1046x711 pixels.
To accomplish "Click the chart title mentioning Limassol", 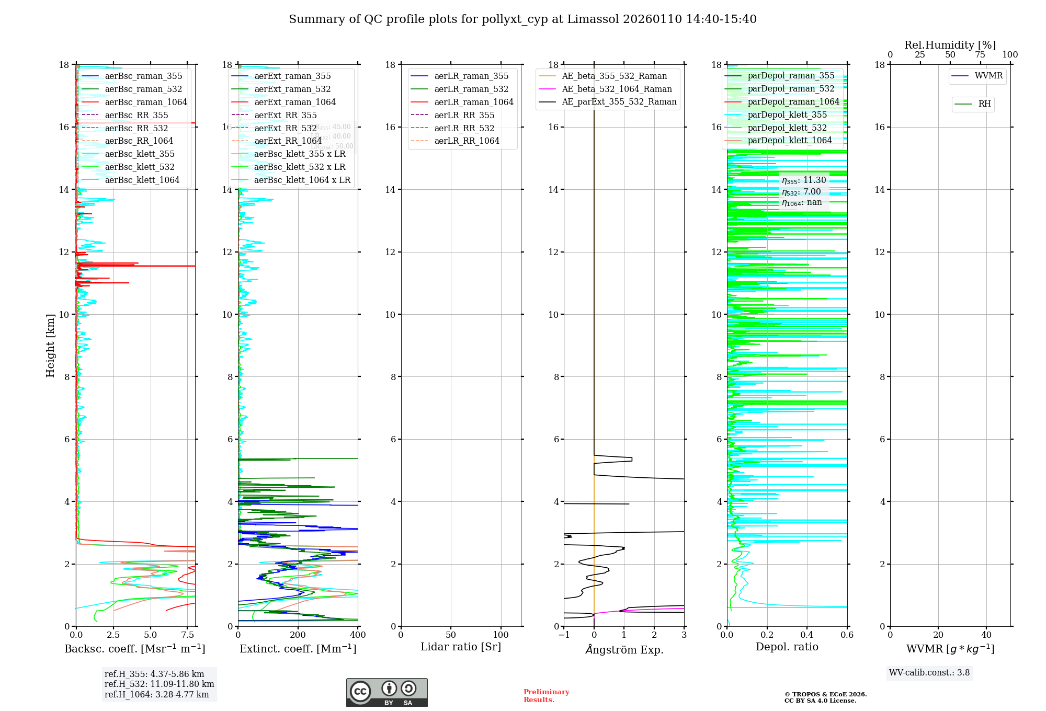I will pyautogui.click(x=522, y=19).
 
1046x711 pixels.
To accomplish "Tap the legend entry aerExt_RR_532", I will pyautogui.click(x=285, y=128).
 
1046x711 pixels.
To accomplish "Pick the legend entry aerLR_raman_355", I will pyautogui.click(x=471, y=76).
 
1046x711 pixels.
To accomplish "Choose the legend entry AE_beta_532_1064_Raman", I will pyautogui.click(x=617, y=89).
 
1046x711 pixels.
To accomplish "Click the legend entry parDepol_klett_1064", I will pyautogui.click(x=789, y=140).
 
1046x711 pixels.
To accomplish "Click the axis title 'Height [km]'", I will pyautogui.click(x=50, y=345).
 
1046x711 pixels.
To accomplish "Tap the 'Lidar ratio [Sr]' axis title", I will pyautogui.click(x=460, y=647).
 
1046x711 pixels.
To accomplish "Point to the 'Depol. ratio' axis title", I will pyautogui.click(x=787, y=647).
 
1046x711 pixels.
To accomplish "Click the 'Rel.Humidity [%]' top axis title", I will pyautogui.click(x=950, y=45).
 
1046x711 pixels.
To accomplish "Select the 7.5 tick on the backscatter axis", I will pyautogui.click(x=188, y=635).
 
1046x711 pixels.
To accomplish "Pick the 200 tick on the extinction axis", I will pyautogui.click(x=298, y=635).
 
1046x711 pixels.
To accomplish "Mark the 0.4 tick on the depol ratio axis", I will pyautogui.click(x=807, y=635).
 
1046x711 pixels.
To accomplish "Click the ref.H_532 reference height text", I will pyautogui.click(x=159, y=684).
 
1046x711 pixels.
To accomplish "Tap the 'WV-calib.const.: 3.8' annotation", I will pyautogui.click(x=929, y=673).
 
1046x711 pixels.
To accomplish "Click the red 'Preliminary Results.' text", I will pyautogui.click(x=546, y=696).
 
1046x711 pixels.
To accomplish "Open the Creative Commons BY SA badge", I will pyautogui.click(x=386, y=693).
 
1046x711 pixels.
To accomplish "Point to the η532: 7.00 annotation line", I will pyautogui.click(x=801, y=192).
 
